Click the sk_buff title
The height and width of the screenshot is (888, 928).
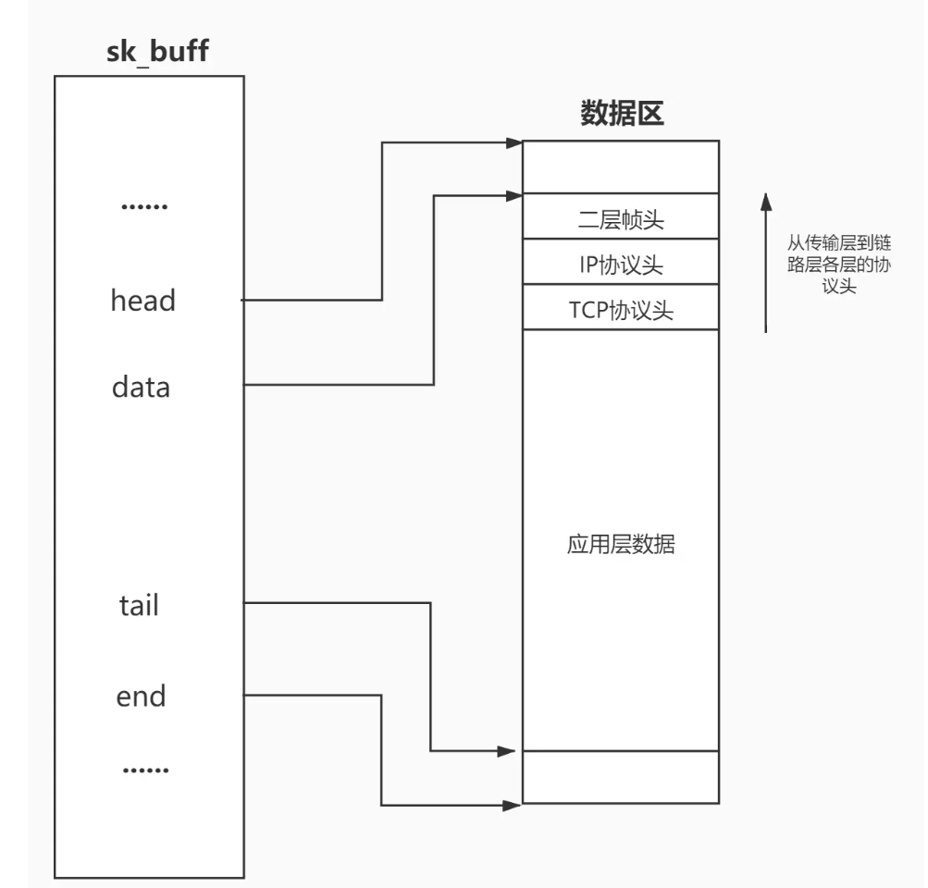(156, 52)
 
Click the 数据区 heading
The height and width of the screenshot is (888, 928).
(622, 114)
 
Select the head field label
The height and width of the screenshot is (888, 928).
(142, 301)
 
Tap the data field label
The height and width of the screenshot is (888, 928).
(141, 387)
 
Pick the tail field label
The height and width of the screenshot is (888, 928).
(139, 606)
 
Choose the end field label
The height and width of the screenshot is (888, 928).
(141, 695)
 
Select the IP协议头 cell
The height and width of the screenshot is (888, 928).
(621, 264)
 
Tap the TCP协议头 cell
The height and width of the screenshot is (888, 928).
(621, 309)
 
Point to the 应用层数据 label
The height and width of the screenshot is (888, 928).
(621, 544)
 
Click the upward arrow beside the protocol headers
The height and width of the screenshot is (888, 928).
(766, 263)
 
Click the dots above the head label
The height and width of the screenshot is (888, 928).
(145, 208)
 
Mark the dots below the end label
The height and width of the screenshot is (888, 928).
(145, 771)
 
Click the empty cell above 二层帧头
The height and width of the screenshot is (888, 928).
(621, 167)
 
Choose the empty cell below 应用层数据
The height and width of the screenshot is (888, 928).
(621, 777)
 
